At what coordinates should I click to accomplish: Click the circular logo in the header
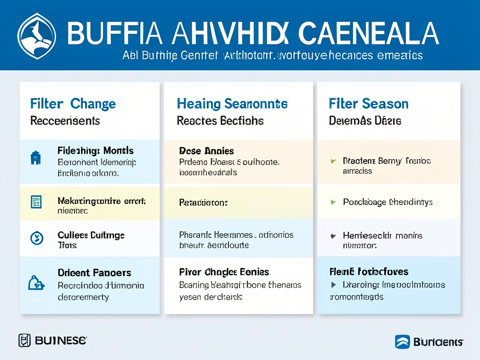(x=37, y=36)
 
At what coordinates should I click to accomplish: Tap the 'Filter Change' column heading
(x=73, y=104)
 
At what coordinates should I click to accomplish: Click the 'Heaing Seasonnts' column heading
(x=232, y=104)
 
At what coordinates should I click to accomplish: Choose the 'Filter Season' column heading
(x=368, y=104)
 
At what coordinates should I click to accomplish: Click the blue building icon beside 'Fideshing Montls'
(x=36, y=158)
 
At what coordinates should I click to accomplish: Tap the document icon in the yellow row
(x=36, y=202)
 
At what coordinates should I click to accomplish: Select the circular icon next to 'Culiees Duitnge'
(x=36, y=238)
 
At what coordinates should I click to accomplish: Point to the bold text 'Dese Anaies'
(x=206, y=151)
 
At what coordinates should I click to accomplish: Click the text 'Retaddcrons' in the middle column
(x=203, y=203)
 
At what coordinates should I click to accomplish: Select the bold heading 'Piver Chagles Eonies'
(x=224, y=272)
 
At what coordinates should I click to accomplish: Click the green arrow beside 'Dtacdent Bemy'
(x=333, y=161)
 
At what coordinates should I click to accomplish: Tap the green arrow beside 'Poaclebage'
(x=333, y=202)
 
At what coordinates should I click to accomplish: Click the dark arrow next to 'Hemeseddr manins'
(x=333, y=236)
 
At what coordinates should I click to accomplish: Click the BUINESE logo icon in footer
(x=24, y=340)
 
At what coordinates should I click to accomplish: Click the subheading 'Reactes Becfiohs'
(x=220, y=121)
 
